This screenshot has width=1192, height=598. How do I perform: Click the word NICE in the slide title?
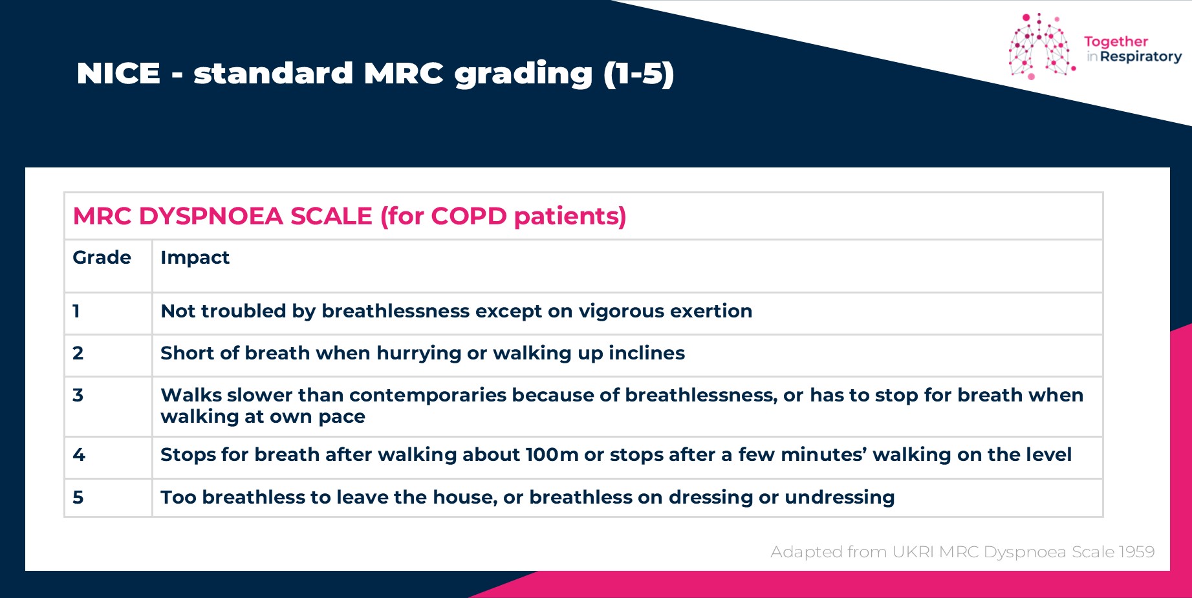point(118,73)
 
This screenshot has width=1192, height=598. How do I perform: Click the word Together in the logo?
point(1116,42)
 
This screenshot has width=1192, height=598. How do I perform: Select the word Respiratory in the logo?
point(1141,57)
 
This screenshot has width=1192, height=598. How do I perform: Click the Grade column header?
point(102,257)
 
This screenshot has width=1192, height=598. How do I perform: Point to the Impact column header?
point(195,258)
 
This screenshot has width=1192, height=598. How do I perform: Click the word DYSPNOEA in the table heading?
point(211,216)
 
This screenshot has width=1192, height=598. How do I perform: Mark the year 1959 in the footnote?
point(1136,551)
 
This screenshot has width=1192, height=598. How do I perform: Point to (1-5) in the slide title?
point(639,74)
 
